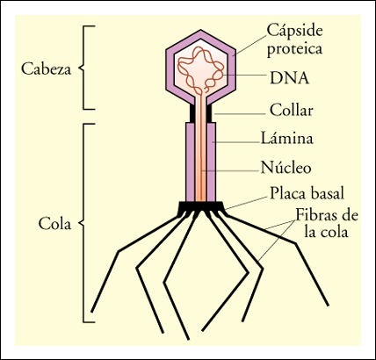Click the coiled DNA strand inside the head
201,72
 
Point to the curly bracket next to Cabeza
83,67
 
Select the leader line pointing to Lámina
237,140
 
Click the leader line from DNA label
246,76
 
